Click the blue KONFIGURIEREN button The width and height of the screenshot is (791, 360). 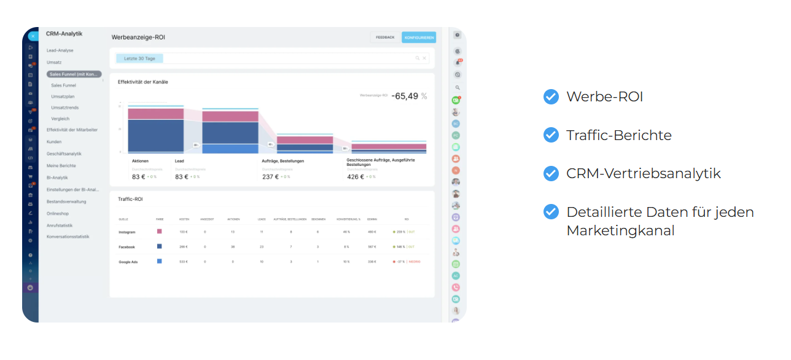point(419,37)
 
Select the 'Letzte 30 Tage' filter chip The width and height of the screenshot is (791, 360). point(139,58)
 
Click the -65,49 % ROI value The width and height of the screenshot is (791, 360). point(408,96)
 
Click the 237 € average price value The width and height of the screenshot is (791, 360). point(270,176)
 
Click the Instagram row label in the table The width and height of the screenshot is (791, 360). point(127,232)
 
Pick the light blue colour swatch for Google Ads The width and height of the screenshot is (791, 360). point(160,261)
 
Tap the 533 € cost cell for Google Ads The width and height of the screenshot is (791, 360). point(183,262)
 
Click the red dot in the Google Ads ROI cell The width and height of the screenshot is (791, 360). point(394,262)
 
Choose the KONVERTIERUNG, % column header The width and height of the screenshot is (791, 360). point(348,219)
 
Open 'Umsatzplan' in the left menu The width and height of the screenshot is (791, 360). point(63,96)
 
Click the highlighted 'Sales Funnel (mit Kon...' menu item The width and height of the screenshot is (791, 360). point(74,74)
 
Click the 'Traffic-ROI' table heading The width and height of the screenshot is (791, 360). point(130,199)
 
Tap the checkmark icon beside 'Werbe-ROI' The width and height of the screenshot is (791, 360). point(551,96)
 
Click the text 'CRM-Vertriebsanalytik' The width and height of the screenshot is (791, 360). point(643,173)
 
